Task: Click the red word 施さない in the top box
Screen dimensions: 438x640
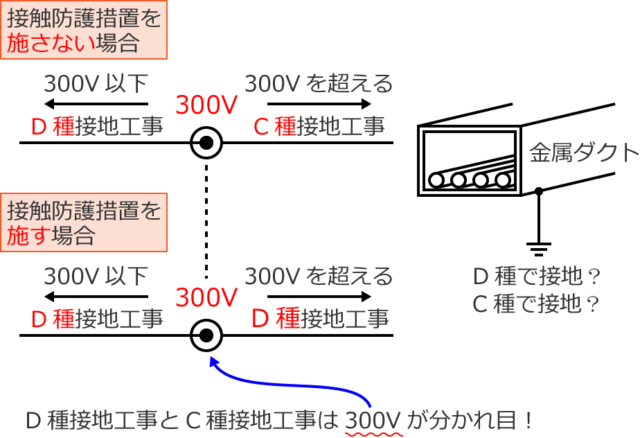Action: tap(51, 44)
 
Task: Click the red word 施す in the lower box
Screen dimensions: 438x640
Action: tap(28, 235)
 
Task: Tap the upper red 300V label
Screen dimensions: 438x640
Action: tap(206, 105)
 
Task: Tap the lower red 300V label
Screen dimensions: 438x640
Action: tap(206, 298)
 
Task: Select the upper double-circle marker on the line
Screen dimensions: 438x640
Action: tap(206, 143)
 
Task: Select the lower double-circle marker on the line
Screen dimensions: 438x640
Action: tap(206, 336)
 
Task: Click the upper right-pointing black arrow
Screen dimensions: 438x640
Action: tap(319, 105)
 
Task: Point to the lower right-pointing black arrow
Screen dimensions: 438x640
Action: tap(319, 297)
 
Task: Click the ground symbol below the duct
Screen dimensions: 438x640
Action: tap(538, 245)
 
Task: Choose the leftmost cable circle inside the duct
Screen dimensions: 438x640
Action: tap(436, 181)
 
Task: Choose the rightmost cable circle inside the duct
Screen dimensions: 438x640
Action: tap(504, 181)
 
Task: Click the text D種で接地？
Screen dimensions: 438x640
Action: tap(535, 277)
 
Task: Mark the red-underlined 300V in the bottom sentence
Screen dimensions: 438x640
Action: tap(373, 421)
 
